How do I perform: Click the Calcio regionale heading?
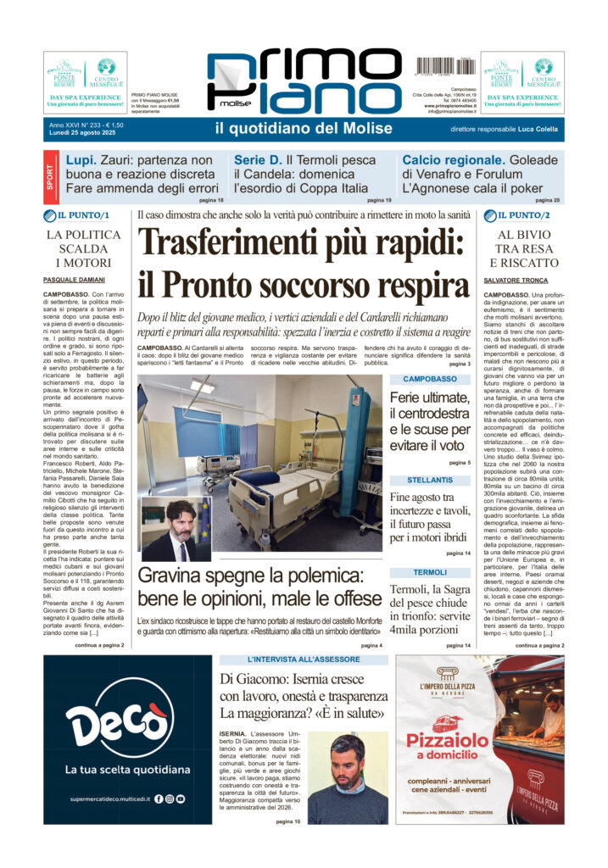(457, 159)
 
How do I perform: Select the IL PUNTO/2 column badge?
(519, 215)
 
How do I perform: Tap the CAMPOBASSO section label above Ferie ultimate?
(430, 379)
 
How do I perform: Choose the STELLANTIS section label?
(430, 480)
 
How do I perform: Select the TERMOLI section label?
(430, 573)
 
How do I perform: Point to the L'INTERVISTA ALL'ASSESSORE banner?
(304, 659)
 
